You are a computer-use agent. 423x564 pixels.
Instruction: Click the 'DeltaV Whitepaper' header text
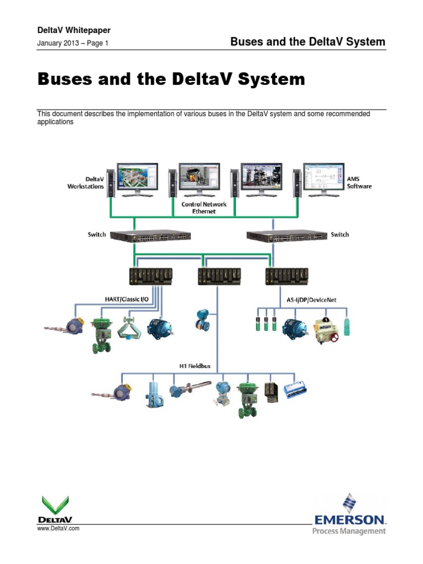(x=69, y=30)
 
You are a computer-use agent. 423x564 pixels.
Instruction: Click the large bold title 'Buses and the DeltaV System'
(x=171, y=79)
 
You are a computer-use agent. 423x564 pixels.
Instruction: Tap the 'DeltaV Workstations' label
(x=85, y=183)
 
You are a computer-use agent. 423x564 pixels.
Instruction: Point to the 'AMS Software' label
(x=359, y=183)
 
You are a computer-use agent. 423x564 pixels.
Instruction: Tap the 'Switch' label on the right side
(x=339, y=235)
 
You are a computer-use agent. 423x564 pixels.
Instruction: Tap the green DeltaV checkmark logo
(x=55, y=503)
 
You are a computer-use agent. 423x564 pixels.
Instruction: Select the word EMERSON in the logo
(x=350, y=519)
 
